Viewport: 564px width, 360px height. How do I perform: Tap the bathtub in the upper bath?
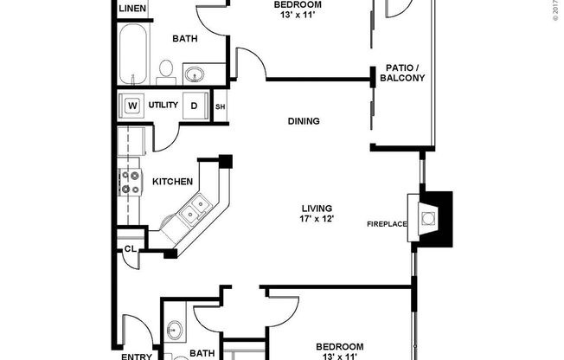[133, 54]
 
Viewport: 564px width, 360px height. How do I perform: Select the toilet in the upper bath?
[168, 70]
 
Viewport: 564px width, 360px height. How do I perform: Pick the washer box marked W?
[133, 106]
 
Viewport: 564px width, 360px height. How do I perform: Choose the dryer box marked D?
[195, 106]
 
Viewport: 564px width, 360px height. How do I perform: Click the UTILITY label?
[163, 106]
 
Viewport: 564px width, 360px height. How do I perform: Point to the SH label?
[220, 106]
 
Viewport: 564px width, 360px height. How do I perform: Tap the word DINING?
[304, 121]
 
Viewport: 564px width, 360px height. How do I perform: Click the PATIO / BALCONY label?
[401, 74]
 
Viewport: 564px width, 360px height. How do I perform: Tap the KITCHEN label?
[172, 182]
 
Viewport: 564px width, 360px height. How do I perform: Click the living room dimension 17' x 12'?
[317, 219]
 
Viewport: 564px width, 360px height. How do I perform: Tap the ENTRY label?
[137, 356]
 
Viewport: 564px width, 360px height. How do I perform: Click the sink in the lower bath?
[176, 330]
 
